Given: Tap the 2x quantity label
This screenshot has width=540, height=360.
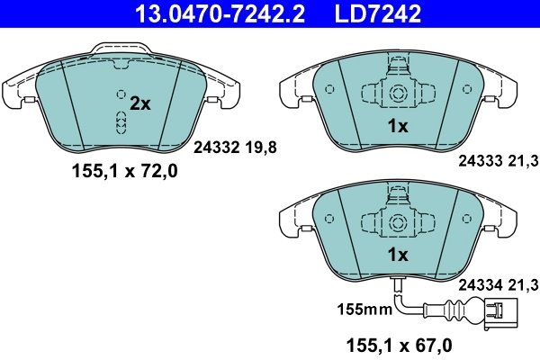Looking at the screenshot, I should [139, 103].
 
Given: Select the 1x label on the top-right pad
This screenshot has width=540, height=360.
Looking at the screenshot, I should [397, 127].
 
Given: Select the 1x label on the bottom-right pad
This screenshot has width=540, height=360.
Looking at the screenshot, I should [397, 255].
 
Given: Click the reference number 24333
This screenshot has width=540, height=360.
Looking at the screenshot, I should [479, 161].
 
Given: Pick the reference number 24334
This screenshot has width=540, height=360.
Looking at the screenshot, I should [479, 285].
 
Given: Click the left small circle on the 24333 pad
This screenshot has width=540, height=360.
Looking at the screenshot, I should [328, 90].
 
